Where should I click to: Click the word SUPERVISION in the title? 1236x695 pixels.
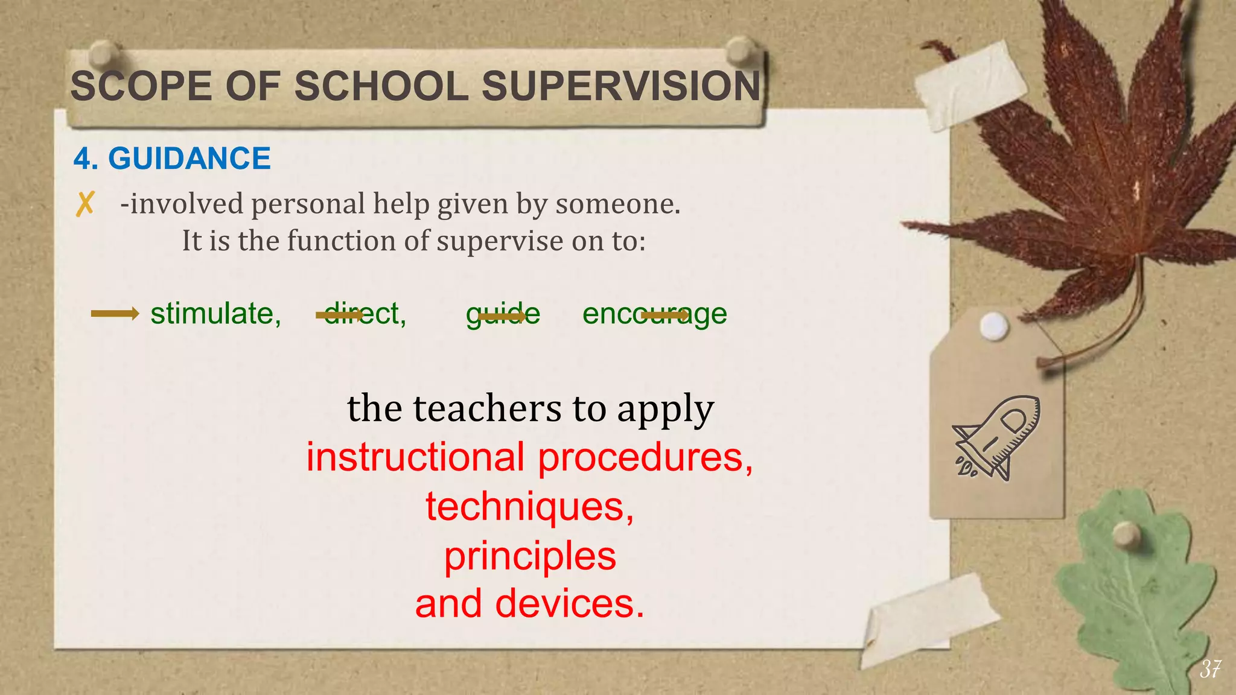pyautogui.click(x=621, y=86)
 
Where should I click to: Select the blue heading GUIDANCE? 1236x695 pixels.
pyautogui.click(x=189, y=159)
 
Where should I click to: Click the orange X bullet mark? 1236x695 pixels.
pyautogui.click(x=85, y=204)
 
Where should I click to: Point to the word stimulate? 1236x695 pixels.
pyautogui.click(x=215, y=314)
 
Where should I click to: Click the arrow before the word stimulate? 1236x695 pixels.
pyautogui.click(x=115, y=313)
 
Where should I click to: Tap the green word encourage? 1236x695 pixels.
pyautogui.click(x=654, y=314)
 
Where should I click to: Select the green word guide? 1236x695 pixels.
pyautogui.click(x=503, y=314)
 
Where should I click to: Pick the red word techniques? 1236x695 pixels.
pyautogui.click(x=529, y=506)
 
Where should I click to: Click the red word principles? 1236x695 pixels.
pyautogui.click(x=530, y=556)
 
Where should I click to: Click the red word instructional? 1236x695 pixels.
pyautogui.click(x=415, y=457)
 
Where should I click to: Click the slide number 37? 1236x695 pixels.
pyautogui.click(x=1210, y=668)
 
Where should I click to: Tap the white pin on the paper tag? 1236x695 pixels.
pyautogui.click(x=993, y=326)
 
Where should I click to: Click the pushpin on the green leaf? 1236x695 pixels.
pyautogui.click(x=1126, y=535)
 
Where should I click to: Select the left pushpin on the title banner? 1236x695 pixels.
pyautogui.click(x=104, y=53)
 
